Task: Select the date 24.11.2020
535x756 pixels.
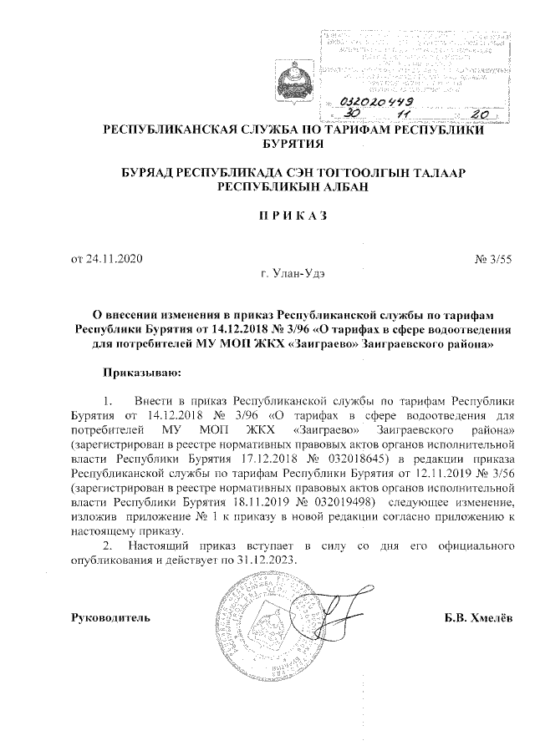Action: tap(109, 259)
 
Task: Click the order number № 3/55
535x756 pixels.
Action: tap(492, 259)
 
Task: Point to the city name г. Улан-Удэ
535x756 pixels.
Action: tap(293, 274)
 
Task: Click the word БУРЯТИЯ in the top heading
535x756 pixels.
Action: tap(293, 144)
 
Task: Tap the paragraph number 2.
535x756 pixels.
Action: tap(107, 545)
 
